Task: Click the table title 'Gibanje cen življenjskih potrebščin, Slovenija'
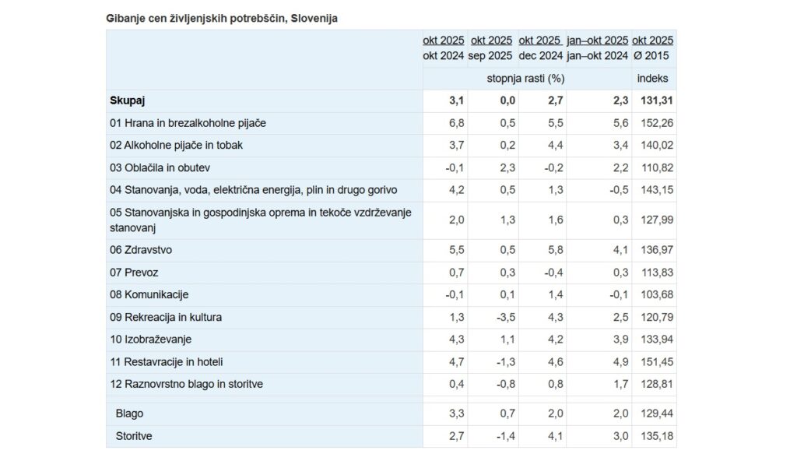click(x=222, y=18)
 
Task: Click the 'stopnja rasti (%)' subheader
click(x=525, y=79)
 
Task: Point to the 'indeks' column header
click(x=652, y=79)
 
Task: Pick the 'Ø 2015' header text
click(x=652, y=55)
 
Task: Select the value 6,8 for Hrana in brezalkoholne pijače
click(x=457, y=123)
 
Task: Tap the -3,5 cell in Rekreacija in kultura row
click(x=506, y=317)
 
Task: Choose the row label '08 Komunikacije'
click(x=149, y=294)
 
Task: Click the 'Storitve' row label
click(x=133, y=436)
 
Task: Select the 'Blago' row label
click(x=129, y=413)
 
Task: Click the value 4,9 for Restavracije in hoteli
click(x=620, y=361)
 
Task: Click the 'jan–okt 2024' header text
click(x=598, y=55)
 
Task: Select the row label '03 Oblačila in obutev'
click(x=160, y=167)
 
